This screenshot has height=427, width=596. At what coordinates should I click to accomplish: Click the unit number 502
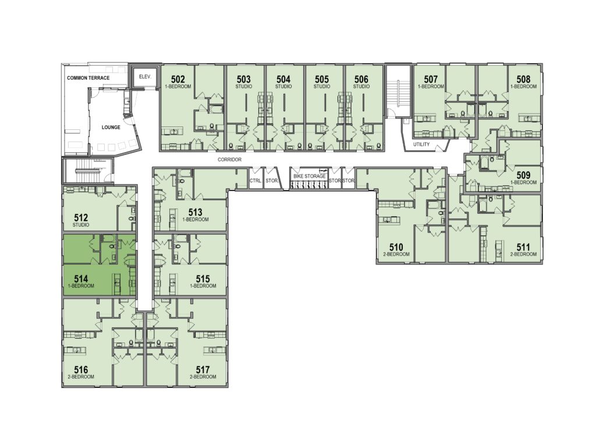[178, 79]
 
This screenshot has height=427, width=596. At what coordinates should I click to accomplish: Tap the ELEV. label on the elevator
[145, 76]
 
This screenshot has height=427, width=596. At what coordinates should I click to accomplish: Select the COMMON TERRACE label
[88, 78]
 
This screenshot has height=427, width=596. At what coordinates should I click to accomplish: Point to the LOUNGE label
[111, 127]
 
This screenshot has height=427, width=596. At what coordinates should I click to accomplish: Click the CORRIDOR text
[229, 160]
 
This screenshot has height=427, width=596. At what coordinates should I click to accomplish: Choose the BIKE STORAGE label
[310, 176]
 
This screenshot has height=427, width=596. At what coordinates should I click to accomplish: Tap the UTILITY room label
[421, 144]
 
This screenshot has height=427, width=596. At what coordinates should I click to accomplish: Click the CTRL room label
[256, 181]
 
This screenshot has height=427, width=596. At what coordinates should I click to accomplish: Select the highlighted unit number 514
[81, 279]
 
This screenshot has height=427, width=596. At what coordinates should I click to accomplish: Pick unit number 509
[523, 175]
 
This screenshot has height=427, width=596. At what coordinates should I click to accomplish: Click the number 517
[203, 369]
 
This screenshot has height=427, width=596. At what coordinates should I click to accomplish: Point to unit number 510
[396, 248]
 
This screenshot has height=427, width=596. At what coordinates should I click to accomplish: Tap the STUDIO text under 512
[81, 225]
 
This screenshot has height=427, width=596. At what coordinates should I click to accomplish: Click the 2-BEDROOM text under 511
[523, 254]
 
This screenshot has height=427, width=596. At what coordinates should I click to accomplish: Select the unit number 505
[321, 79]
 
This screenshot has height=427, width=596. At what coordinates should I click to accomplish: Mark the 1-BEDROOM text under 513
[196, 220]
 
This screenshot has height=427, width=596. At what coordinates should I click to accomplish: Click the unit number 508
[523, 79]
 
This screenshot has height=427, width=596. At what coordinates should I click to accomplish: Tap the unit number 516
[81, 369]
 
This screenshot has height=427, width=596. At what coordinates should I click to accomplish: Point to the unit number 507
[431, 79]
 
